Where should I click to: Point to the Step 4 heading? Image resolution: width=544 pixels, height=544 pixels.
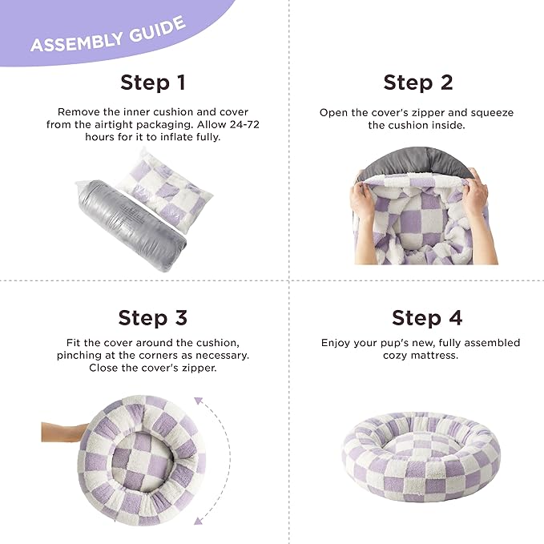[426, 317]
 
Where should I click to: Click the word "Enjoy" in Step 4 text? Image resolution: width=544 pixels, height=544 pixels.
[338, 343]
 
